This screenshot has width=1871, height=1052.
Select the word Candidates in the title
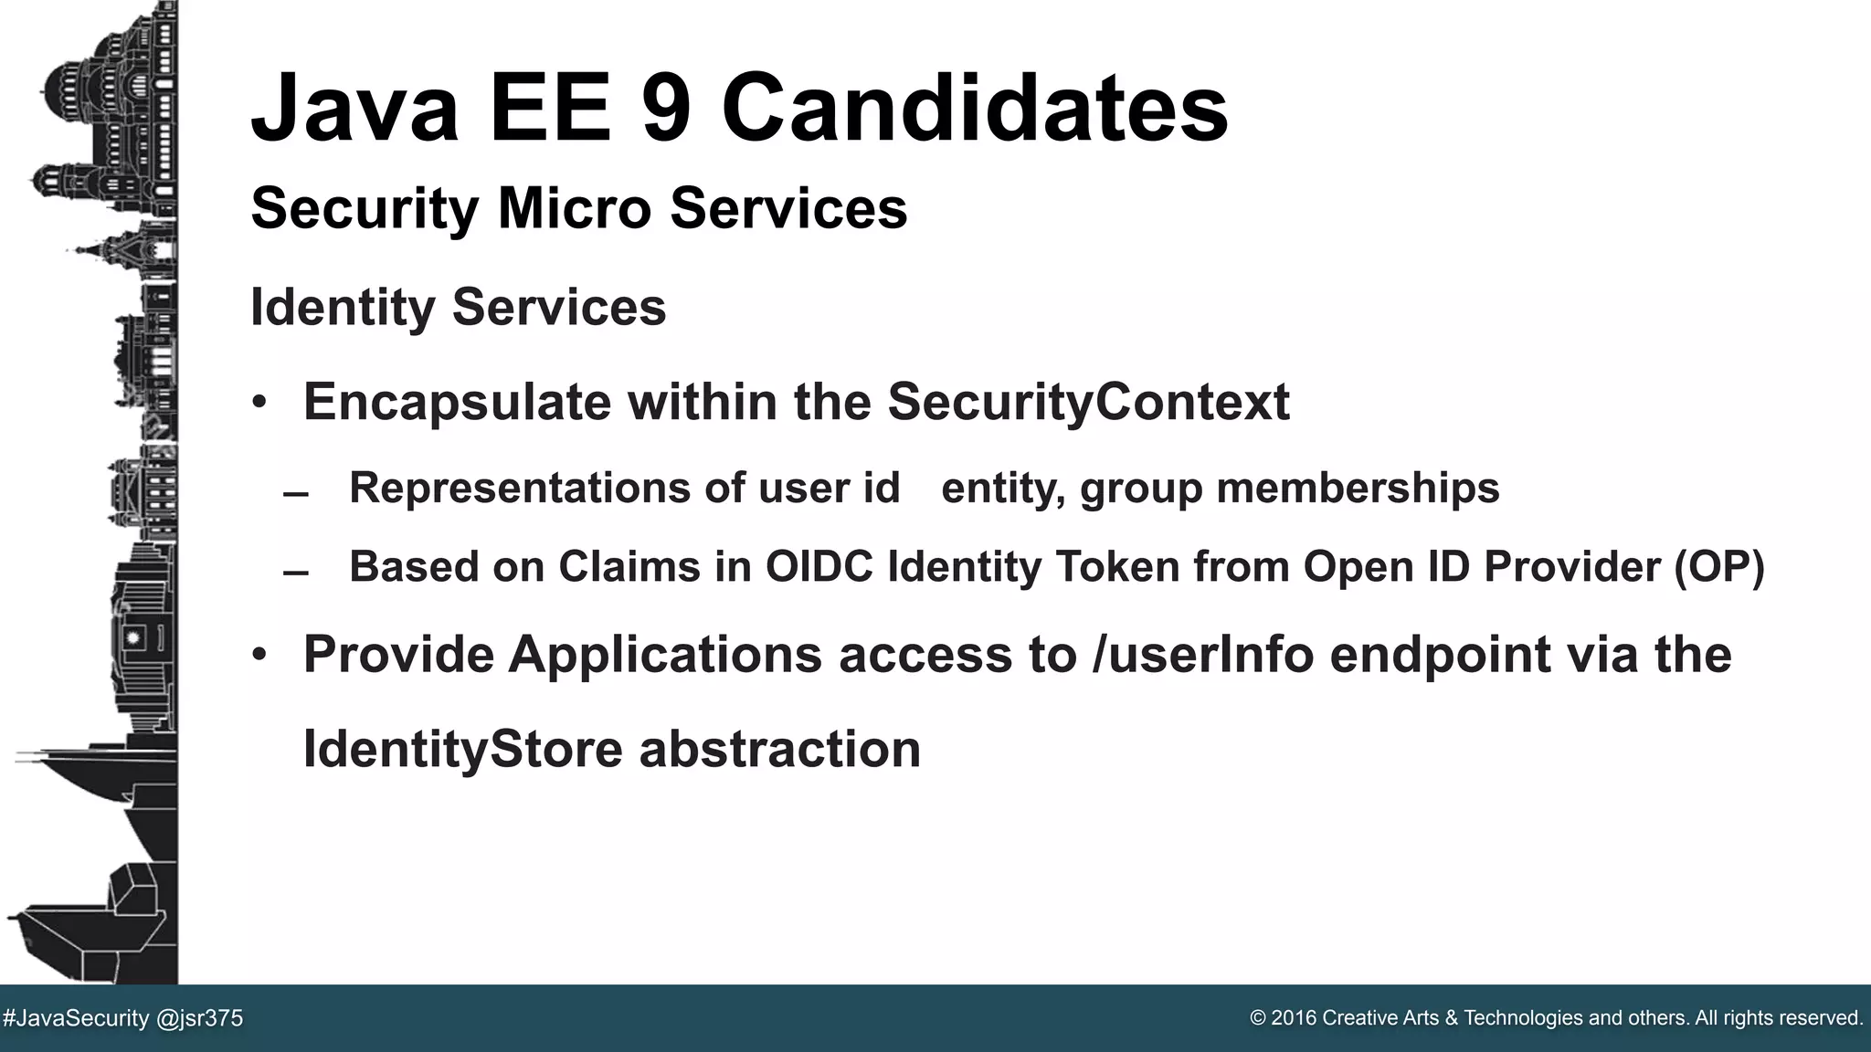coord(975,109)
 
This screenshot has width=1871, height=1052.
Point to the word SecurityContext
coord(1088,402)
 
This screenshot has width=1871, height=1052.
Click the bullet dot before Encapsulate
coord(260,403)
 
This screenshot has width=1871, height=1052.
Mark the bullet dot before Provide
coord(260,655)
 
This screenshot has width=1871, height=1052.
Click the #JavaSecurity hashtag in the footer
coord(76,1018)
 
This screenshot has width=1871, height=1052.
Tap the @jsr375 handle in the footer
coord(200,1018)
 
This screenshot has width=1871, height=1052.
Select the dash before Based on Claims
coord(296,573)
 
